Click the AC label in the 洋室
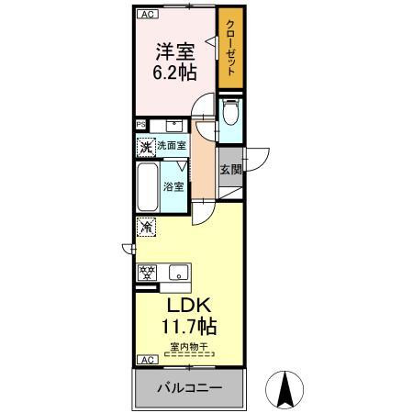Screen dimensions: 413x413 coord(146,14)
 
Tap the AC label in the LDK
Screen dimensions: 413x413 coord(146,359)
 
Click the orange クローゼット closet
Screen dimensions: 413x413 coord(229,50)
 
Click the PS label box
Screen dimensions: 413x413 coord(141,125)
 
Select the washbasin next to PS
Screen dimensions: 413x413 coord(172,125)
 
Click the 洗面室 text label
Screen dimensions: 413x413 coord(171,145)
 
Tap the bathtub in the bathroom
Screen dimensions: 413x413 coord(147,186)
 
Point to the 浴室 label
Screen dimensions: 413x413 coord(173,186)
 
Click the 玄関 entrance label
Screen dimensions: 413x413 coord(230,170)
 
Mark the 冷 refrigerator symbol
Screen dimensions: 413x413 coord(145,225)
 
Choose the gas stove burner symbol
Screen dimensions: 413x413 coord(146,272)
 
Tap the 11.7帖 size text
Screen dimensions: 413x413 coord(190,325)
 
